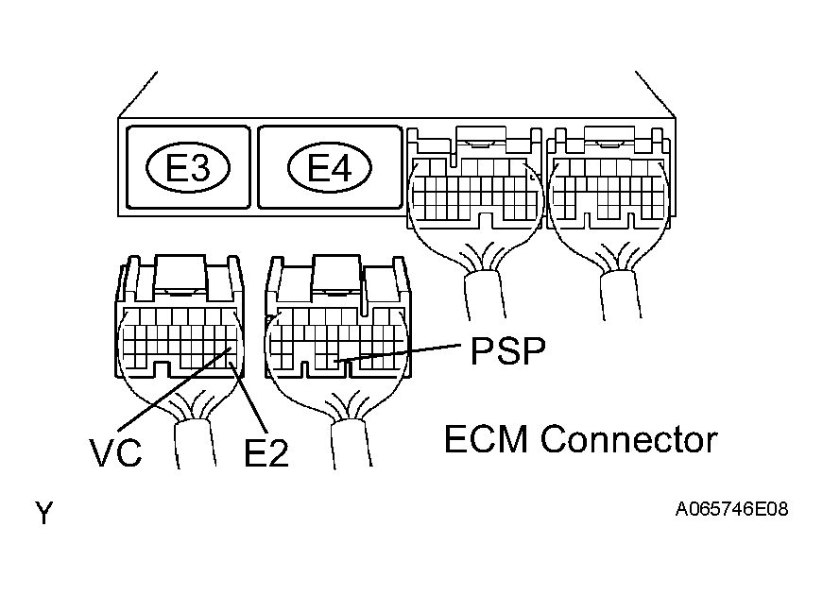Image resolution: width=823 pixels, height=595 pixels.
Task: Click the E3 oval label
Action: (x=187, y=169)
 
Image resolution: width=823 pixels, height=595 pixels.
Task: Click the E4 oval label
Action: (x=330, y=169)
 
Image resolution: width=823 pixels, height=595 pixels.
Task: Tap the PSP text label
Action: (x=506, y=352)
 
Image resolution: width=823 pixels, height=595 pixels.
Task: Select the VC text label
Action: (x=117, y=451)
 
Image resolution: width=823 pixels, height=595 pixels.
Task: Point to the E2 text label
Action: (x=266, y=453)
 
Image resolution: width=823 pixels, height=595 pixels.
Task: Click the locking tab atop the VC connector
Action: (x=179, y=272)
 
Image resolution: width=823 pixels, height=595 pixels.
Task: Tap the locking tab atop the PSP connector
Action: (x=338, y=272)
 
